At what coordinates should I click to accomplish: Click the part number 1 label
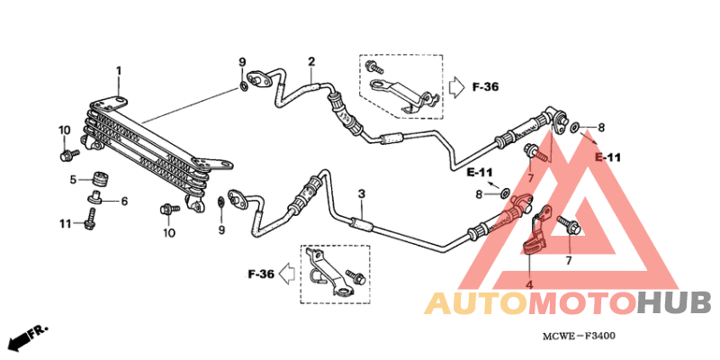click(119, 71)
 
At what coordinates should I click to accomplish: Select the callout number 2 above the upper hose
click(311, 61)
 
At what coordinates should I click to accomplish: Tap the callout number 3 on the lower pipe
click(362, 194)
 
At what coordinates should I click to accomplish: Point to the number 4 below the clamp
click(529, 285)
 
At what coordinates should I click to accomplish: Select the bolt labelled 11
click(91, 218)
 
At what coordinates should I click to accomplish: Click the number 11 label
click(65, 223)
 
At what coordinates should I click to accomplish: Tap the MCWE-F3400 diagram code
click(579, 337)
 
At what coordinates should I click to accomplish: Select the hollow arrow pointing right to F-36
click(456, 86)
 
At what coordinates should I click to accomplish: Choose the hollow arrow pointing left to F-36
click(288, 274)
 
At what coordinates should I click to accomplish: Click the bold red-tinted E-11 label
click(608, 157)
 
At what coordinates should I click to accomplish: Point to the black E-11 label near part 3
click(480, 173)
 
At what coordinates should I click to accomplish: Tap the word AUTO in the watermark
click(476, 304)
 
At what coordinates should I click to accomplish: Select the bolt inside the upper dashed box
click(373, 67)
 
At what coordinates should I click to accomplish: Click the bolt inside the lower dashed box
click(355, 276)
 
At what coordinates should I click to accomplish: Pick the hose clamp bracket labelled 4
click(536, 230)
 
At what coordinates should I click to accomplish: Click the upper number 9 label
click(242, 62)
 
